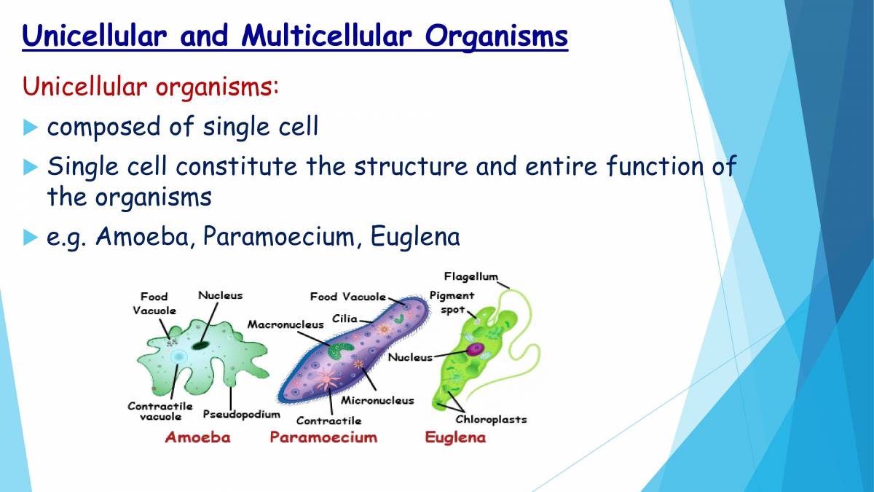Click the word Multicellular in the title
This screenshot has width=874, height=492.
pos(326,36)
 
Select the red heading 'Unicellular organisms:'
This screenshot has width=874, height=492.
pos(151,86)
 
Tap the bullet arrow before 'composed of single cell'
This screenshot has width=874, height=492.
pos(30,128)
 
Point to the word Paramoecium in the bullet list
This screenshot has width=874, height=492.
pos(278,236)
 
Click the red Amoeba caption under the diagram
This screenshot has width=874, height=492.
pos(197,437)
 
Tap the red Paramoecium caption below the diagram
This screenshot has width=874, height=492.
pos(323,437)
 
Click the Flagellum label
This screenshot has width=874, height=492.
pos(471,277)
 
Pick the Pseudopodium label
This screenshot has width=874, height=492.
pos(242,414)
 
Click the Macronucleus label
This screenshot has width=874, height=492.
pos(286,324)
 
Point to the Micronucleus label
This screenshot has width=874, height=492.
pos(377,400)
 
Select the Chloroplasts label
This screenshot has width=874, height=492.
pos(491,419)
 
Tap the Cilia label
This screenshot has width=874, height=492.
pos(345,319)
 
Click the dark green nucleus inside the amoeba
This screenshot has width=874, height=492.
pos(200,345)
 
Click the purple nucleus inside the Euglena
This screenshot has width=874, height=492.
pos(475,348)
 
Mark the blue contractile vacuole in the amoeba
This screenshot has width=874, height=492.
pos(179,356)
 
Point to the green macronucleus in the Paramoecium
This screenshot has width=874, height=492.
pos(340,351)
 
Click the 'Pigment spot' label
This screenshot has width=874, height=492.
pos(452,302)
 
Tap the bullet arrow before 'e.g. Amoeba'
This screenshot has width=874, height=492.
pos(30,237)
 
